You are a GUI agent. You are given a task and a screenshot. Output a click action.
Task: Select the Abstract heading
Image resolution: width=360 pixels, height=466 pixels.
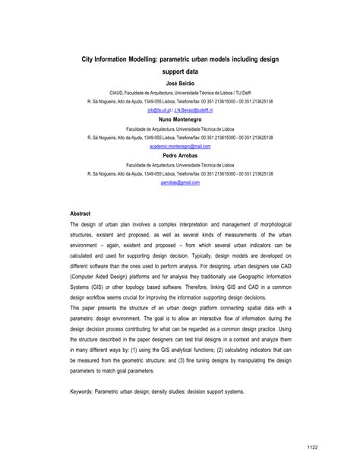tap(81, 214)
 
